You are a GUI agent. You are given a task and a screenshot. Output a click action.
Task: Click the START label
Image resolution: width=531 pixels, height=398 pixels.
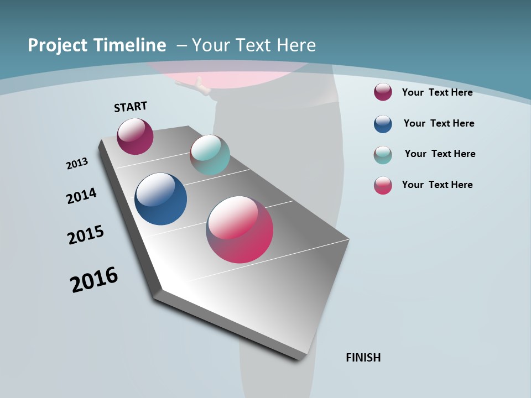coord(131,107)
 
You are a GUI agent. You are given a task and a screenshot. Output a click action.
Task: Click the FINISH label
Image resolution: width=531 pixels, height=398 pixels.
coord(363,358)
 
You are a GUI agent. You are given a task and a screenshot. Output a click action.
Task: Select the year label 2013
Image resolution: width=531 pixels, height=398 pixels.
coord(77,164)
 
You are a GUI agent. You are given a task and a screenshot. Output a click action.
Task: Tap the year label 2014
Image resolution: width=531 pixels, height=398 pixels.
coord(81,196)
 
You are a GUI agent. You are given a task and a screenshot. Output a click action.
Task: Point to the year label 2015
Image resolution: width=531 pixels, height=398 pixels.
coord(86,235)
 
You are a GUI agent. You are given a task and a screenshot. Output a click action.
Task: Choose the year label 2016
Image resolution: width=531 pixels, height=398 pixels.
coord(94,280)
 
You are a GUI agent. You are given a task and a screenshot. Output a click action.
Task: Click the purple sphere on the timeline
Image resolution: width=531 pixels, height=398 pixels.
coord(135,137)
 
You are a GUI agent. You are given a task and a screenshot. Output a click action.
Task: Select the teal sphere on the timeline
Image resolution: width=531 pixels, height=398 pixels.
coord(210,155)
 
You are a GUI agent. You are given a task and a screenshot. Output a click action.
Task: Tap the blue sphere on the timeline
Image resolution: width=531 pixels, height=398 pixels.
coord(160,199)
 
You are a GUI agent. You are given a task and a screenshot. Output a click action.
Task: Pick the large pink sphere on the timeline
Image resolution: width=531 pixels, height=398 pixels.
coord(240,229)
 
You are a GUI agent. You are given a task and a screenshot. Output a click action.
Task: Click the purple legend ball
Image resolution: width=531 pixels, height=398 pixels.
coord(383,92)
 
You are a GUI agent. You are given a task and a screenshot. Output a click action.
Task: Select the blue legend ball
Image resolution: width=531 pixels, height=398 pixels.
coord(383,124)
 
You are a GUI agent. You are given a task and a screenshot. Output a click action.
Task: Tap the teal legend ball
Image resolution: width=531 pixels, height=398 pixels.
coord(383,155)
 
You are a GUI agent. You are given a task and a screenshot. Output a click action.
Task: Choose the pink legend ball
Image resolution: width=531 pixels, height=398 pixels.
coord(383,185)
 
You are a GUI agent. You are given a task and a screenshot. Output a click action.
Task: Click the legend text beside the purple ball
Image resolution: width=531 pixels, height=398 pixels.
coord(437,92)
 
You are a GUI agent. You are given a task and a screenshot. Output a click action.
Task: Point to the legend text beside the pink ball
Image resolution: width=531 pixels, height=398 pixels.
coord(437,185)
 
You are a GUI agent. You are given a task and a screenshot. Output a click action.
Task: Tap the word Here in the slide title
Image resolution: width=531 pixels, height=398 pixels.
coord(296,45)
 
